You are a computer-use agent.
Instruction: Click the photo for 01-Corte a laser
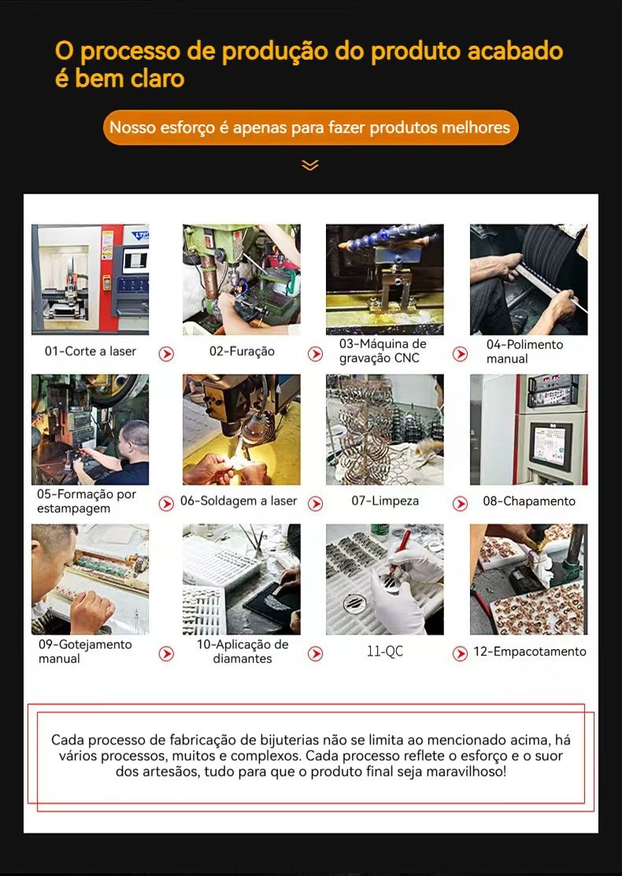click(x=90, y=279)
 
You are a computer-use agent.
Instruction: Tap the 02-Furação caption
click(x=242, y=351)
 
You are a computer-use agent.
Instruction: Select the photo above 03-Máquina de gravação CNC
click(x=385, y=279)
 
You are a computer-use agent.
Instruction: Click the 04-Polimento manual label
click(x=524, y=351)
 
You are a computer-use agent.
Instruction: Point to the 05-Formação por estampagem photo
click(x=90, y=429)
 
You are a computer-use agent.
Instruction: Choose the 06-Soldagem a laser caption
click(x=239, y=501)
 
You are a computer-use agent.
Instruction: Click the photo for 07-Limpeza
click(x=385, y=429)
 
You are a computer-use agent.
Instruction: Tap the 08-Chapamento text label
click(x=529, y=501)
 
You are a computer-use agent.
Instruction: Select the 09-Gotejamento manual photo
click(x=90, y=578)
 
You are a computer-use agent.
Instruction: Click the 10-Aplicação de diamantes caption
click(x=243, y=652)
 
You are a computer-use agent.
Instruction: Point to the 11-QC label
click(x=385, y=652)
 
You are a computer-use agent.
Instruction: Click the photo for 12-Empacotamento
click(x=528, y=578)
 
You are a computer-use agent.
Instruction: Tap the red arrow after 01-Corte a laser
click(x=166, y=353)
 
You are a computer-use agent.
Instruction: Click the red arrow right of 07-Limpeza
click(x=460, y=504)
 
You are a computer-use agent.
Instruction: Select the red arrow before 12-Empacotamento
click(x=460, y=653)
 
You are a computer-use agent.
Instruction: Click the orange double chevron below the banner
click(x=310, y=164)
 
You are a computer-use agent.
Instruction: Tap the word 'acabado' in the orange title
click(x=515, y=51)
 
